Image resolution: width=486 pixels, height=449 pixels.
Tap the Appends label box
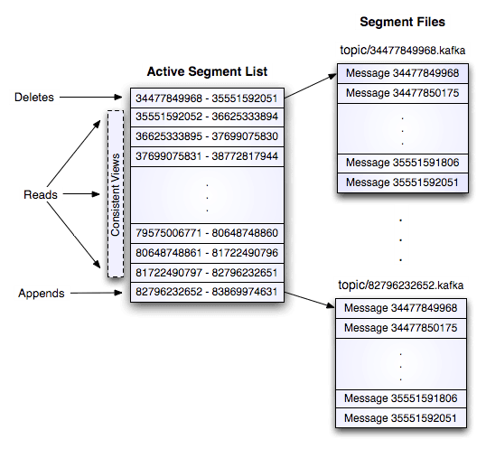[x=41, y=293]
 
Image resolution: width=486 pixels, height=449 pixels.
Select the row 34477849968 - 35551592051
[x=206, y=98]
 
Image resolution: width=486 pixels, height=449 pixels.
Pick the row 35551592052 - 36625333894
[x=206, y=117]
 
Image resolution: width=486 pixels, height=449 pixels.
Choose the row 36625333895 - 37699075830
[x=206, y=136]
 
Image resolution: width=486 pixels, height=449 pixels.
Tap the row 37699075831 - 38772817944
[x=206, y=156]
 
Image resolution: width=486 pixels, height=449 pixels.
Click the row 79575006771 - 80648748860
[x=206, y=233]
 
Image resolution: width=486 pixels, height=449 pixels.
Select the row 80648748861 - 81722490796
[x=206, y=252]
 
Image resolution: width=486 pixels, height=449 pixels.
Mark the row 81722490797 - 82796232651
[x=206, y=272]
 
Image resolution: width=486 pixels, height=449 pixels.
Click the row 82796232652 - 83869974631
[x=206, y=292]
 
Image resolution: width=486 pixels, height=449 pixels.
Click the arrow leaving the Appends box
[x=95, y=293]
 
